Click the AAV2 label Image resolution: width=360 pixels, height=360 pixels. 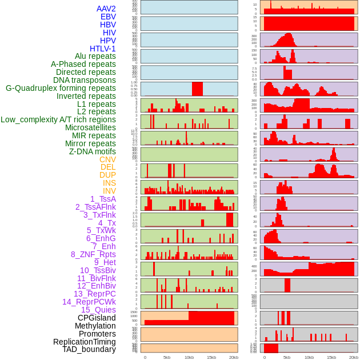(106, 9)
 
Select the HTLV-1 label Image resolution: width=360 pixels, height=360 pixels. (103, 49)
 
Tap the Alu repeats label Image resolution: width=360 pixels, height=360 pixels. (95, 57)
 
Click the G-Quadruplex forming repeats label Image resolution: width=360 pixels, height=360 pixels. (61, 88)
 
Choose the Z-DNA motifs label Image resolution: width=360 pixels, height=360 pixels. (93, 151)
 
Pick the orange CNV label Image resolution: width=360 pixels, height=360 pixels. (107, 159)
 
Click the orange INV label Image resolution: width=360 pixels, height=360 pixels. (109, 191)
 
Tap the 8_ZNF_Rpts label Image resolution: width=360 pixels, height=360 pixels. (93, 254)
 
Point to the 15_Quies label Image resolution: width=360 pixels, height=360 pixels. (98, 310)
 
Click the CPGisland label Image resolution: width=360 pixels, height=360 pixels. (97, 318)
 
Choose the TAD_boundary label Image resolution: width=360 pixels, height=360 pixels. (89, 349)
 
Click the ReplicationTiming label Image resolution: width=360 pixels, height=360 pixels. (85, 342)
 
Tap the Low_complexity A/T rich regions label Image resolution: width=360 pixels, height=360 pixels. (58, 119)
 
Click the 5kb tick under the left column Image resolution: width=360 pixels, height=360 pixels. (167, 357)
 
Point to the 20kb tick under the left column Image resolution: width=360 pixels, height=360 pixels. (233, 357)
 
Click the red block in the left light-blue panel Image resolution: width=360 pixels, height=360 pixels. (197, 89)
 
